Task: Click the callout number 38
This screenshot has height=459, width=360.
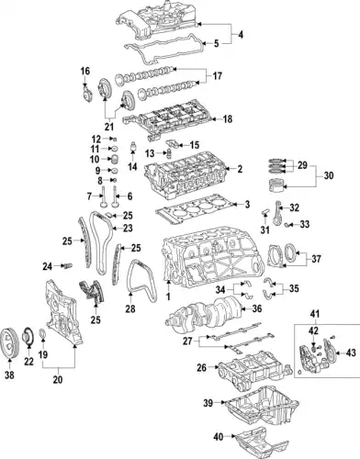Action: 12,375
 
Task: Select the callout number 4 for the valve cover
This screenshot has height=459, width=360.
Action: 241,35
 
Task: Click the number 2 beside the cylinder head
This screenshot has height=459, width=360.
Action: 239,169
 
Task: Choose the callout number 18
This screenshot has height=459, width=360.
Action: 229,119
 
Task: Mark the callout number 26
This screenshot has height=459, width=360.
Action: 201,368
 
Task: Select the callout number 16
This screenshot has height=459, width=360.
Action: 84,71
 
